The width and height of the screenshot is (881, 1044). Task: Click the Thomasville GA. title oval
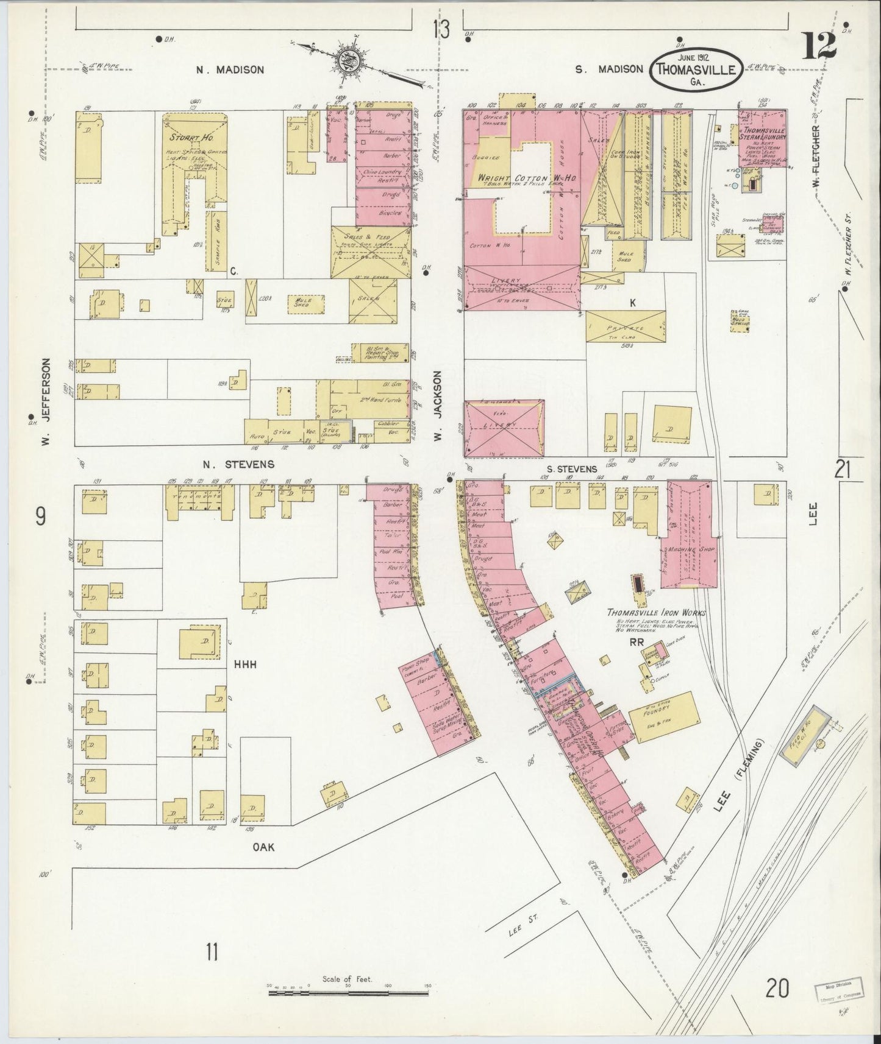(x=696, y=69)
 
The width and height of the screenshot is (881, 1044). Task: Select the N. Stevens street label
(x=238, y=464)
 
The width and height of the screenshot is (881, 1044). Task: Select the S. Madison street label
(x=609, y=69)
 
